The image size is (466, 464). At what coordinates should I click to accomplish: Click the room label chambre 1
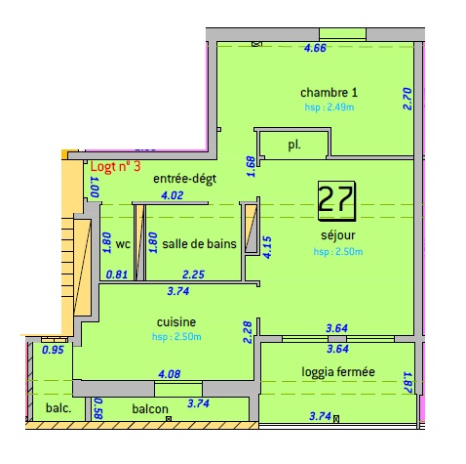click(x=328, y=93)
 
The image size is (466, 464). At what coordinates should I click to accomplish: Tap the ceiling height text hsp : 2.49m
click(x=328, y=107)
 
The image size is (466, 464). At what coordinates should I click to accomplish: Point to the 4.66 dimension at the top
click(x=315, y=48)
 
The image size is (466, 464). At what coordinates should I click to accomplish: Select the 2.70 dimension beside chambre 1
click(x=408, y=99)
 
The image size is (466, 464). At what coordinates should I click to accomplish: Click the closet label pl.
click(x=293, y=145)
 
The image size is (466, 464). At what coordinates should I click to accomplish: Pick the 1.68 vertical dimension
click(x=251, y=167)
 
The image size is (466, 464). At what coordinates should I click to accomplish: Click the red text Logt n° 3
click(x=115, y=167)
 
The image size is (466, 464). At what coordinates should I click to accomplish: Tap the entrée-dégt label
click(x=184, y=179)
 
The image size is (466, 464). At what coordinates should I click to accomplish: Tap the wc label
click(x=123, y=244)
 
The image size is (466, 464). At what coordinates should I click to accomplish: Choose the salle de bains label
click(x=199, y=244)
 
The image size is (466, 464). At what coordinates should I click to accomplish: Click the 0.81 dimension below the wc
click(x=117, y=274)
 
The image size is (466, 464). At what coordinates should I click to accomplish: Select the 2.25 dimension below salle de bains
click(x=193, y=274)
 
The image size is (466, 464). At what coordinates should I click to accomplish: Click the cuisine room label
click(x=177, y=321)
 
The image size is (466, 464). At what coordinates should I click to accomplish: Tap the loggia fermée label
click(x=338, y=371)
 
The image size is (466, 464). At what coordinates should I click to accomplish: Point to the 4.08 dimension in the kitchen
click(x=169, y=372)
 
